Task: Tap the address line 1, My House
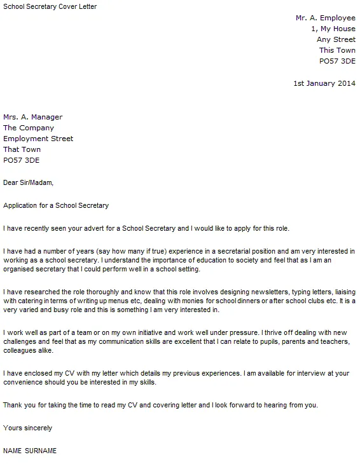point(333,29)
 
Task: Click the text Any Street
point(336,40)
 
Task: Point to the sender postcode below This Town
point(337,62)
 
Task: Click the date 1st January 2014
point(324,83)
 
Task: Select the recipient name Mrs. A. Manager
point(33,117)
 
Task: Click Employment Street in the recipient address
point(38,139)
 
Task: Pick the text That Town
point(22,149)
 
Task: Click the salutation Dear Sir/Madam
point(29,183)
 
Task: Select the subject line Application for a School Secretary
point(56,205)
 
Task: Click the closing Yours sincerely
point(28,428)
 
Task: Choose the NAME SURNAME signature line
point(30,450)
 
